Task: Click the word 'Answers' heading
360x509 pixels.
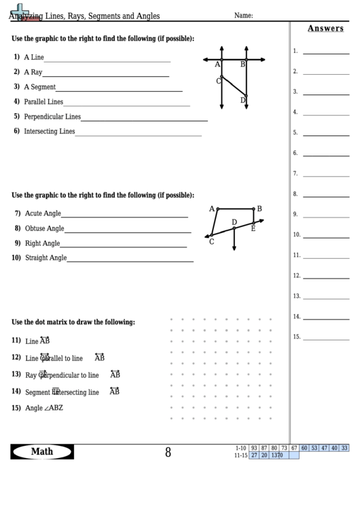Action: coord(325,29)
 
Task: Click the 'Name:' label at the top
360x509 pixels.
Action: coord(243,15)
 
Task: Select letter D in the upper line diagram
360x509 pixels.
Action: coord(242,100)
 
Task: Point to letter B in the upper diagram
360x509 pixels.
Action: coord(242,65)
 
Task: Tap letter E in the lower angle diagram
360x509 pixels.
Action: coord(253,228)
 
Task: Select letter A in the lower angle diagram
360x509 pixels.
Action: coord(211,209)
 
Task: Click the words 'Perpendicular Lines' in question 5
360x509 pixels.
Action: coord(52,116)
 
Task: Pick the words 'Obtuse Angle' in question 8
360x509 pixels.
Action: coord(45,228)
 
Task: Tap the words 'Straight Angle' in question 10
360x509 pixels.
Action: coord(46,258)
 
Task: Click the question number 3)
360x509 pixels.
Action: coord(16,86)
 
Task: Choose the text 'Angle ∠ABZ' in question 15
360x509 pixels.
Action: coord(44,408)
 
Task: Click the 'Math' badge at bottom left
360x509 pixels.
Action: coord(42,452)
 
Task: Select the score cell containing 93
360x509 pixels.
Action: coord(254,448)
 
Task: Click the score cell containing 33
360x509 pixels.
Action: coord(344,448)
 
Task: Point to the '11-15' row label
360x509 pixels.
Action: coord(240,455)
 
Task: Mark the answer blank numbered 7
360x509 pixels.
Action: coord(325,174)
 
